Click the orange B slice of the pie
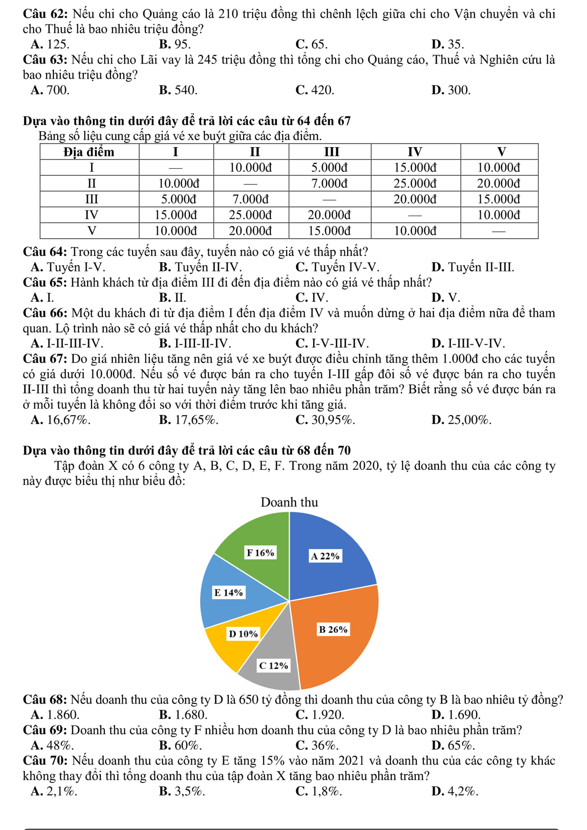pos(342,646)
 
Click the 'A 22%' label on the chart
pos(325,556)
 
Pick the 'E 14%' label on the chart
pos(228,593)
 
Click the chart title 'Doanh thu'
pos(289,502)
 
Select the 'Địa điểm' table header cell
pos(90,152)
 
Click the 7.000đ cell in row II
pos(330,183)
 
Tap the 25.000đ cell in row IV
pos(251,215)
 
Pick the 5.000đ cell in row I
pos(330,168)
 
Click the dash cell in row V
pos(499,230)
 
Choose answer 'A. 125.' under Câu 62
pos(49,45)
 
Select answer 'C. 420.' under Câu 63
pos(315,90)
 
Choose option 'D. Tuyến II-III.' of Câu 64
pos(473,268)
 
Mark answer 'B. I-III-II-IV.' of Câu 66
pos(195,343)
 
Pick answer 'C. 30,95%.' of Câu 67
pos(325,420)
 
